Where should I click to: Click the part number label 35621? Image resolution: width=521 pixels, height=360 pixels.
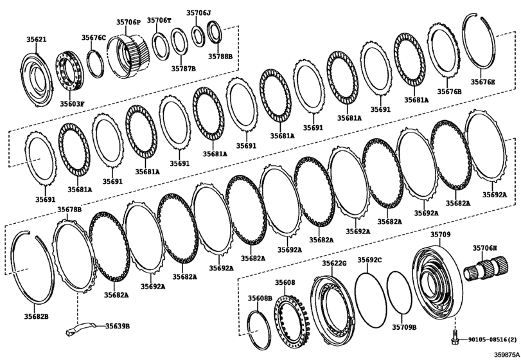tap(36, 40)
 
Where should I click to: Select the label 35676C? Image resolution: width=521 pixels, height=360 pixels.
tap(94, 38)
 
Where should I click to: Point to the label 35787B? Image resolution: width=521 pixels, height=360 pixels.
tap(184, 67)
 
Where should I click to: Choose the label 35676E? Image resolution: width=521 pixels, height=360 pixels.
tap(482, 82)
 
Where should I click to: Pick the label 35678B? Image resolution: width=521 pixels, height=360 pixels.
tap(69, 210)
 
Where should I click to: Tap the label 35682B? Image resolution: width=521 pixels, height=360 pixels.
tap(37, 316)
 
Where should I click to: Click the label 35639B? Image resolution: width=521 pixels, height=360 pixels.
tap(117, 326)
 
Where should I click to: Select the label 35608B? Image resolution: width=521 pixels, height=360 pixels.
tap(260, 298)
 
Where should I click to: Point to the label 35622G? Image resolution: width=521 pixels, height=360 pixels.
tap(333, 264)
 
